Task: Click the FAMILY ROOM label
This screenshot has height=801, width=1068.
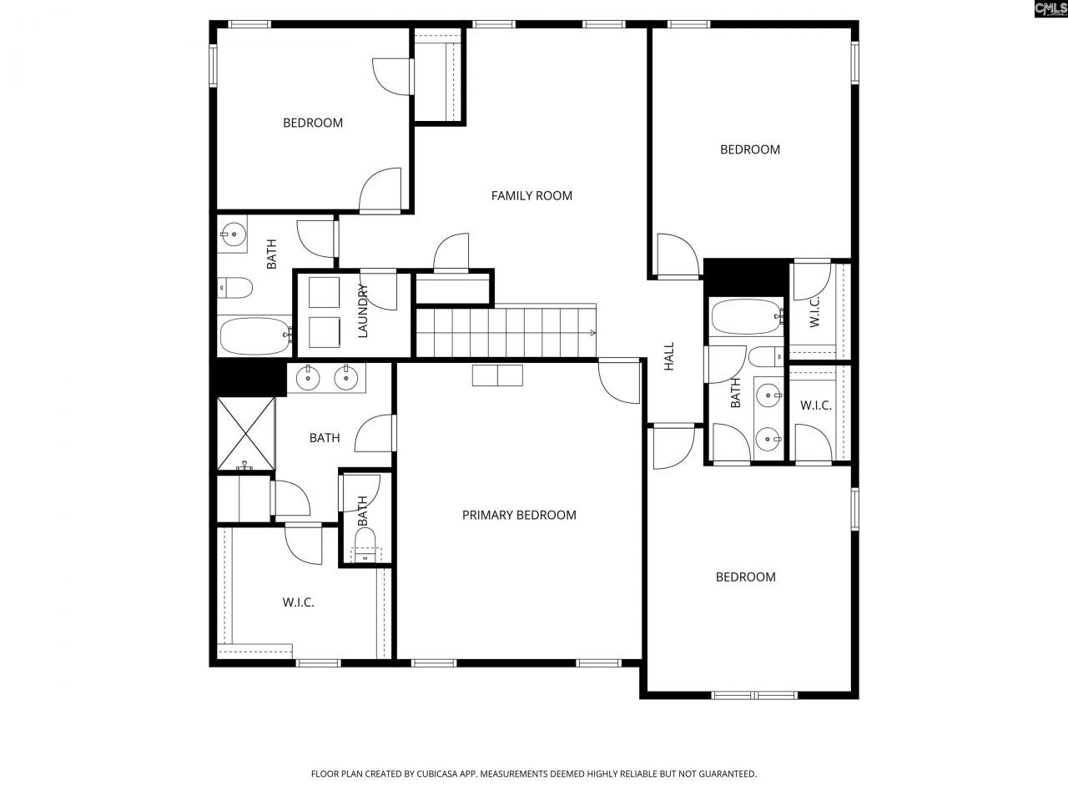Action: [531, 196]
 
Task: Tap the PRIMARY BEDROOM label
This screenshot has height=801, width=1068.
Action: [519, 515]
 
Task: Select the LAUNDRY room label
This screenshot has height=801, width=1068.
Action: [363, 311]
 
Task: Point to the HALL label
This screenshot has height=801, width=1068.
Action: [669, 356]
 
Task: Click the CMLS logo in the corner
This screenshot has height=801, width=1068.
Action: [1050, 9]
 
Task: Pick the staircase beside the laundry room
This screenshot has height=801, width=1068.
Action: [506, 331]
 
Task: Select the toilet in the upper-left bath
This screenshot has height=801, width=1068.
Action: [235, 289]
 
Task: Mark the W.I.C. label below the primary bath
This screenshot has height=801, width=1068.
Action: [298, 602]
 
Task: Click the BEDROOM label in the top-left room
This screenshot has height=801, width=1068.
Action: [313, 123]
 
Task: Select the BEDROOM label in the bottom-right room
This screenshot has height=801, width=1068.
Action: [746, 577]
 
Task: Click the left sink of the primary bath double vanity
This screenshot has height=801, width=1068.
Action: [310, 379]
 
